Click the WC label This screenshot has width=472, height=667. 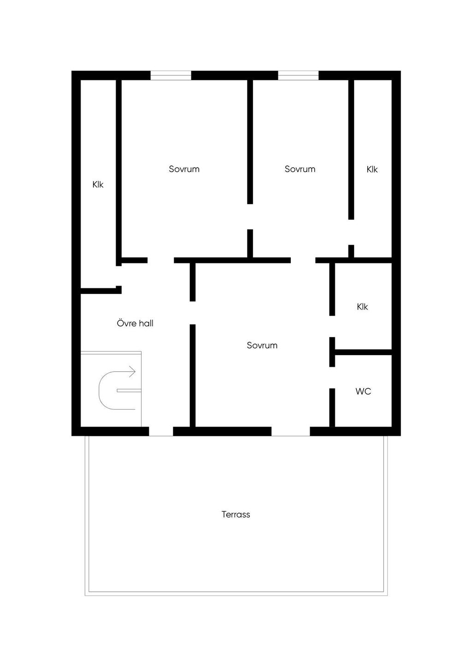tap(363, 391)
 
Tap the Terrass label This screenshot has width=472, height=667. tap(236, 514)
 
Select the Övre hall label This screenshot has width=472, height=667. tap(135, 323)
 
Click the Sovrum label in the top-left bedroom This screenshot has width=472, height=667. tap(184, 169)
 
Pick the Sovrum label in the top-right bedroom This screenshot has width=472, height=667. tap(300, 169)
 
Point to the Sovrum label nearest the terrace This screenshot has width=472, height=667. tap(262, 345)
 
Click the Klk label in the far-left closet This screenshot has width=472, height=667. tap(98, 184)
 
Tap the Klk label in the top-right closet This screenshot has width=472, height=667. tap(372, 169)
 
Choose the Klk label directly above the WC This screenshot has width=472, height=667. tap(362, 306)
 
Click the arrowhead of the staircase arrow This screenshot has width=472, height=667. tap(133, 372)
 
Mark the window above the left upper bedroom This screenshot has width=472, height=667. tap(171, 76)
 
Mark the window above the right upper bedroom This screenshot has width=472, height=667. tap(298, 76)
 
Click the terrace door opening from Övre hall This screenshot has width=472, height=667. tap(161, 431)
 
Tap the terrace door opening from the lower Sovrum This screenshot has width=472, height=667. tap(290, 431)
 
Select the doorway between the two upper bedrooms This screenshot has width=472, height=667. tap(250, 216)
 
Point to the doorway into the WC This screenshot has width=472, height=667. tap(332, 378)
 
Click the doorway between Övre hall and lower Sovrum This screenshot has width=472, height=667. tap(193, 313)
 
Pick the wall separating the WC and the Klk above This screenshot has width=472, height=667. tap(363, 352)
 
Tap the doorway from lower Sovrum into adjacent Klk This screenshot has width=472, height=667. tap(332, 326)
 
